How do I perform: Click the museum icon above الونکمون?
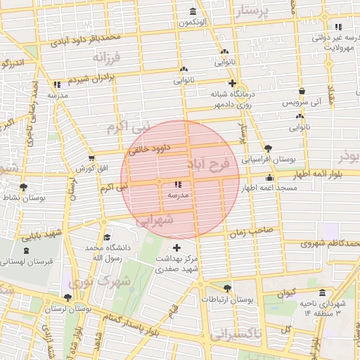coord(193,11)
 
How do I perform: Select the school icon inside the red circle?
coord(176,184)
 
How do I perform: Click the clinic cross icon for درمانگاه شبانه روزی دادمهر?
coord(231,83)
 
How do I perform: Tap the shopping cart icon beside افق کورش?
coord(91,157)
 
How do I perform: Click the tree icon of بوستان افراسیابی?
coord(268,148)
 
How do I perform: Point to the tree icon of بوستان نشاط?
coord(25,187)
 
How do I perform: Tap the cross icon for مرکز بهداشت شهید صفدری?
coord(176,247)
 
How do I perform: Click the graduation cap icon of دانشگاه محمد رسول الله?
coord(106,238)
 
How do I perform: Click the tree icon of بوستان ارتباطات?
coord(226,288)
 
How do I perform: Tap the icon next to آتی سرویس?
coord(302,91)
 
